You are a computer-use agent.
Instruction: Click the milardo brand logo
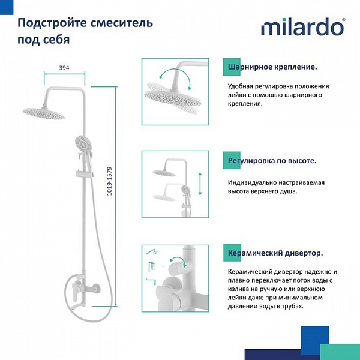point(302,28)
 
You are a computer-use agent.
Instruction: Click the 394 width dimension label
point(64,68)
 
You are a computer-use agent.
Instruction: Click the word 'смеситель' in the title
point(127,23)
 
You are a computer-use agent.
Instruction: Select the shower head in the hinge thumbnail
point(173,96)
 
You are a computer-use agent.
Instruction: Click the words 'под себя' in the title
point(43,40)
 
